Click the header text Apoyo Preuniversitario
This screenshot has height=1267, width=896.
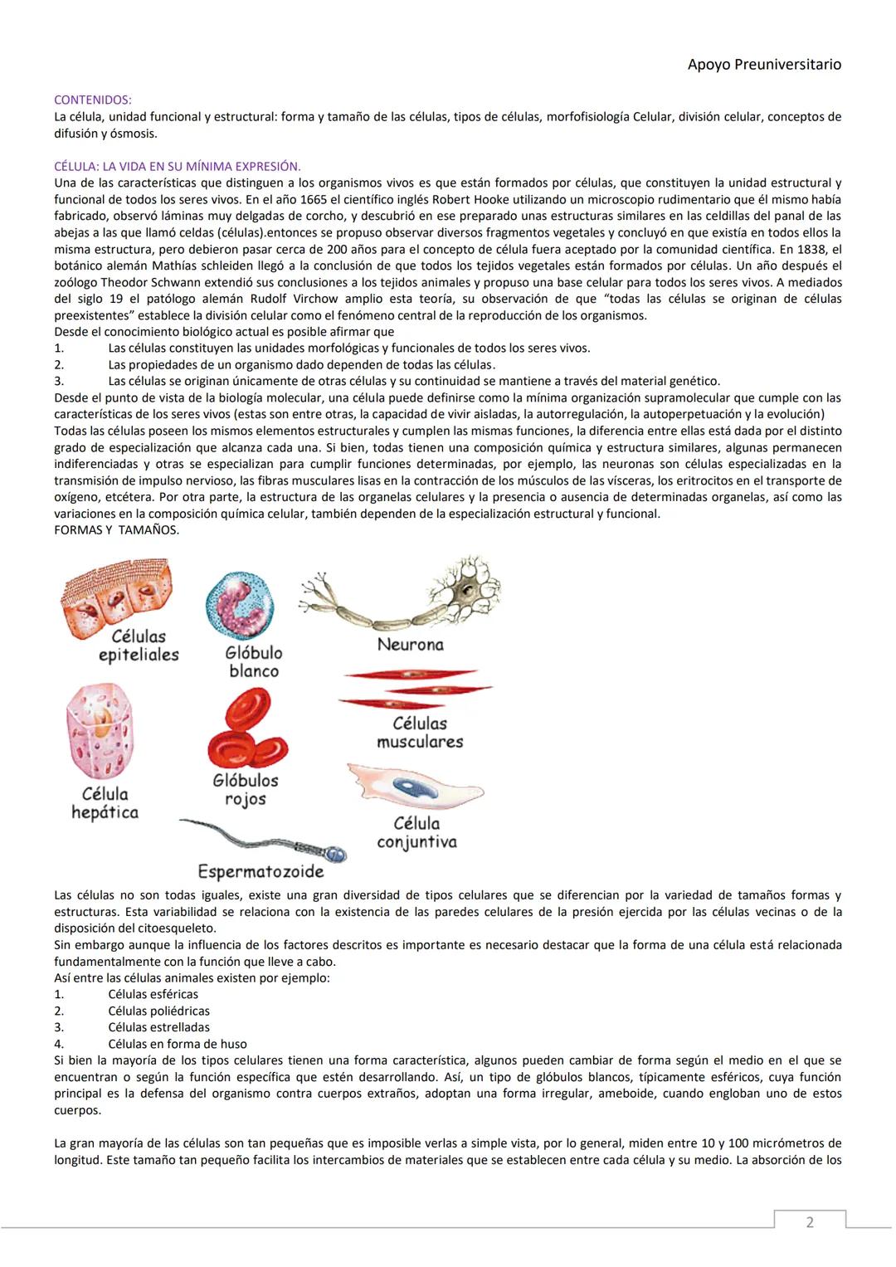[764, 65]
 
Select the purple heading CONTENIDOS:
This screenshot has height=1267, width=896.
[92, 100]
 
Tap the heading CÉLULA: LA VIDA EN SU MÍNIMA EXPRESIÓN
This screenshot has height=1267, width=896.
[177, 167]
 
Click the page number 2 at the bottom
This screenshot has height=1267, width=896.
[810, 1222]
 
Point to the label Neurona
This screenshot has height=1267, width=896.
[410, 645]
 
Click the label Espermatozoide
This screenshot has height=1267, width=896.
[261, 871]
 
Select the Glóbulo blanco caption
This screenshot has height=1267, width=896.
[254, 662]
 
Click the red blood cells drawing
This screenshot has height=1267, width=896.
[247, 729]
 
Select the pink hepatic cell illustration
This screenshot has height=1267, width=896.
[100, 732]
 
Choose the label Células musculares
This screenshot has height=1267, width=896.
[420, 733]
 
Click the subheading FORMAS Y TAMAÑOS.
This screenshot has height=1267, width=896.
[116, 530]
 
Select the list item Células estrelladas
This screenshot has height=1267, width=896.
[158, 1027]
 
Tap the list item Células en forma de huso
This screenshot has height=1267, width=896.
[177, 1044]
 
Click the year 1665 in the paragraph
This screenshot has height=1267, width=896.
[310, 200]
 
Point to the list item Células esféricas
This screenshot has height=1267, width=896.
[153, 994]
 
